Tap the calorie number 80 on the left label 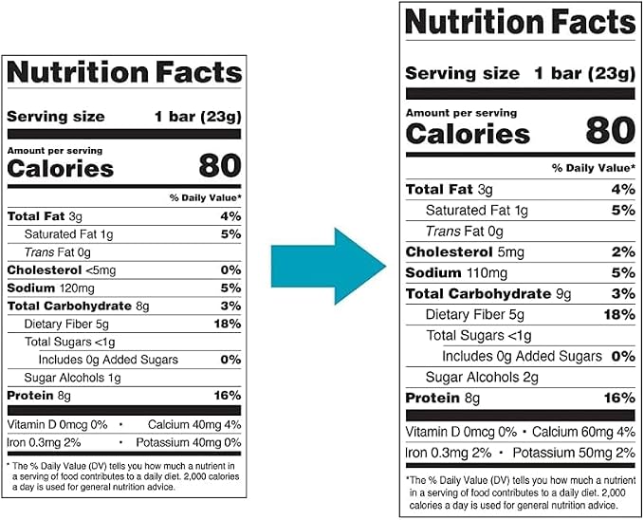point(220,166)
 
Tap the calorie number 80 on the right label point(611,130)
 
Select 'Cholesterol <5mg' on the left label point(62,270)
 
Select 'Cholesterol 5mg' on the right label point(465,252)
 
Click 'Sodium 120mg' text point(51,288)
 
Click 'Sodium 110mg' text point(456,273)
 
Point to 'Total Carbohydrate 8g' point(79,306)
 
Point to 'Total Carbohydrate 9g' point(488,294)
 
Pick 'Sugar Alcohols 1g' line point(73,378)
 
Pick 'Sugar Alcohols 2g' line point(482,377)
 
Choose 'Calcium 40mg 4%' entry point(194,424)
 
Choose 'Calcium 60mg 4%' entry point(583,432)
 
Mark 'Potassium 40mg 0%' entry point(189,443)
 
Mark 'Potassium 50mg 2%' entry point(574,453)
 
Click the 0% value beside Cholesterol point(230,270)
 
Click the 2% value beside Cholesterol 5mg point(623,252)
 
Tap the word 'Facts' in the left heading point(199,72)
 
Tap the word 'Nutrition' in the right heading point(474,22)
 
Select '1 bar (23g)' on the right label point(585,74)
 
